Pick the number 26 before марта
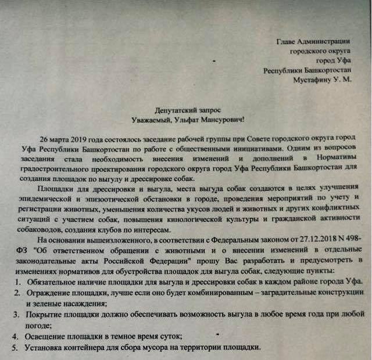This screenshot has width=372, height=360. click(x=44, y=141)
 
